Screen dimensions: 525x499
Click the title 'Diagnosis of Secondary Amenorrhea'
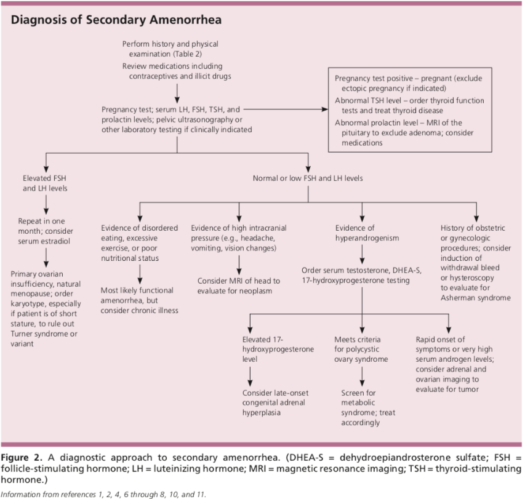(x=116, y=20)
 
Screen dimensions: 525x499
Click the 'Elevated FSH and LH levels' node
(x=45, y=183)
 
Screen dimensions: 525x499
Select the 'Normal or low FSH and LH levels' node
(x=308, y=178)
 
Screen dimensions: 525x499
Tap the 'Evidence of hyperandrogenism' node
(x=367, y=233)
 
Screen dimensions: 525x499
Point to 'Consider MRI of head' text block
(x=238, y=286)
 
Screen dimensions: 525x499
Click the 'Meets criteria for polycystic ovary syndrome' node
(x=361, y=349)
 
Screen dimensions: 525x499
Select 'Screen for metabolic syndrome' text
(x=368, y=408)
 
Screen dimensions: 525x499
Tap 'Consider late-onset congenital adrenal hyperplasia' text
(x=275, y=402)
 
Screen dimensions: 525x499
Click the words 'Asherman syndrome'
(x=475, y=298)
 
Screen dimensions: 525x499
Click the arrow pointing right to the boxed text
(x=286, y=109)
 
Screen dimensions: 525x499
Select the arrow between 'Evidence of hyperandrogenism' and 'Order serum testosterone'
(x=362, y=254)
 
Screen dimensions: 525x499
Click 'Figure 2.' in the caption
(x=22, y=458)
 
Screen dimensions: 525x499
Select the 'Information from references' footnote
(x=103, y=494)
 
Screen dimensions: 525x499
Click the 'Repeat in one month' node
(x=45, y=231)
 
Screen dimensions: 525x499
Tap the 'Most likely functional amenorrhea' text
(x=139, y=300)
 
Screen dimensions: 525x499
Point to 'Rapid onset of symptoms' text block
(x=455, y=364)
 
